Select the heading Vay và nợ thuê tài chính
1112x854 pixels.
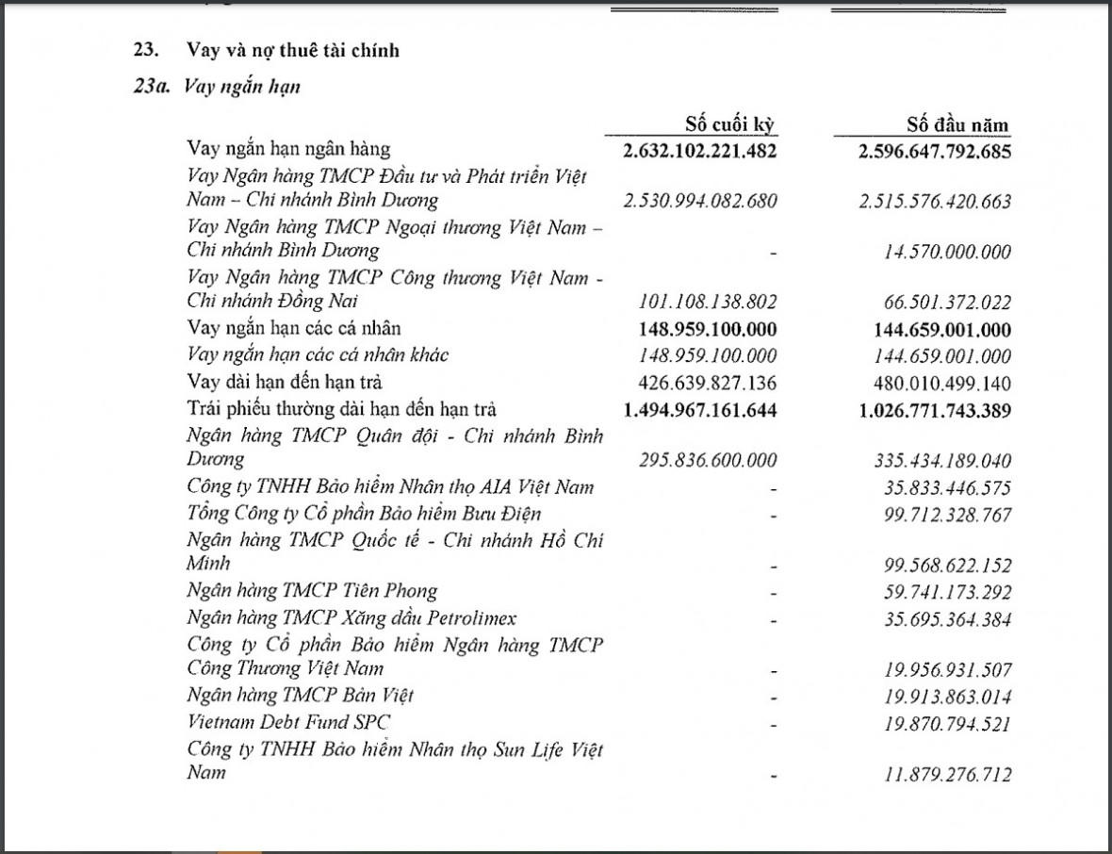pyautogui.click(x=293, y=50)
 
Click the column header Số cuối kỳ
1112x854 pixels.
pyautogui.click(x=730, y=124)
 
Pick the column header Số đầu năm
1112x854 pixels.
pyautogui.click(x=957, y=124)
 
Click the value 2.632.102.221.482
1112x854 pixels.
pyautogui.click(x=700, y=150)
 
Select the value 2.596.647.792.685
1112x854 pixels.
pyautogui.click(x=935, y=150)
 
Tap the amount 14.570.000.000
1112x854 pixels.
pyautogui.click(x=947, y=252)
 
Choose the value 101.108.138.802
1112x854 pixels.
pyautogui.click(x=708, y=303)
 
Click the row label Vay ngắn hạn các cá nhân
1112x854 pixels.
pyautogui.click(x=294, y=328)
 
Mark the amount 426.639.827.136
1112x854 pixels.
pyautogui.click(x=708, y=383)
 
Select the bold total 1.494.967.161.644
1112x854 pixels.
pyautogui.click(x=700, y=409)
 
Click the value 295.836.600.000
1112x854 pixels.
pyautogui.click(x=708, y=460)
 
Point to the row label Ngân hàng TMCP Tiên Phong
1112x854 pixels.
pyautogui.click(x=312, y=591)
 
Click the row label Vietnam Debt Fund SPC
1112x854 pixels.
pyautogui.click(x=288, y=722)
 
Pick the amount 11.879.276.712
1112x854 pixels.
pyautogui.click(x=947, y=775)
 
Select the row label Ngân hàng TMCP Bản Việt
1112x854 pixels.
pyautogui.click(x=300, y=696)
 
